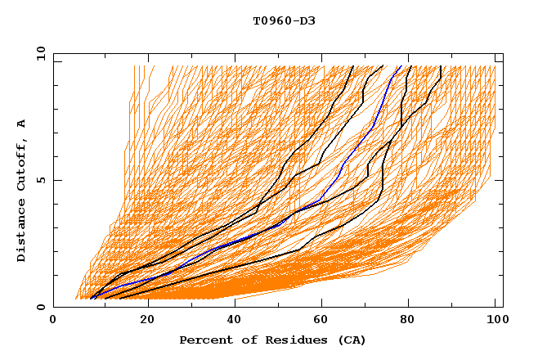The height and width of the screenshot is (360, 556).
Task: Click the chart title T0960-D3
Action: (x=284, y=20)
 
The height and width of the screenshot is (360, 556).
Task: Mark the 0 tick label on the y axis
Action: (x=40, y=307)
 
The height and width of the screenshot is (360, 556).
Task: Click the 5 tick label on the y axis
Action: (x=40, y=180)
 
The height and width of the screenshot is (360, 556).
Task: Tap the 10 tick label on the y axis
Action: (x=37, y=53)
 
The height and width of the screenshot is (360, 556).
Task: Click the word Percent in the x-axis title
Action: (x=204, y=340)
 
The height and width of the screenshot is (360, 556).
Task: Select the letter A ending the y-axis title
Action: (x=22, y=124)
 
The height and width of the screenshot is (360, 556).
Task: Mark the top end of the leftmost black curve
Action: (x=352, y=66)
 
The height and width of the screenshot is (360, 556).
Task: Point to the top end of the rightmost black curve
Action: (x=441, y=66)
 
